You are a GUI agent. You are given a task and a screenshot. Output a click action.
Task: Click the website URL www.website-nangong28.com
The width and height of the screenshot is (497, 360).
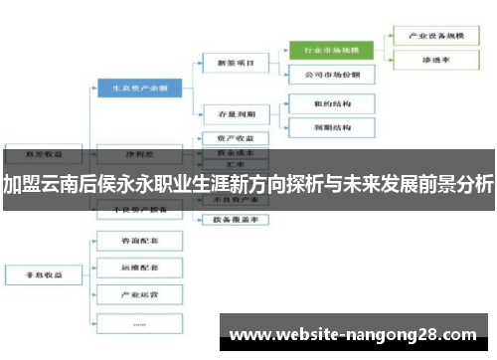click(x=353, y=333)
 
